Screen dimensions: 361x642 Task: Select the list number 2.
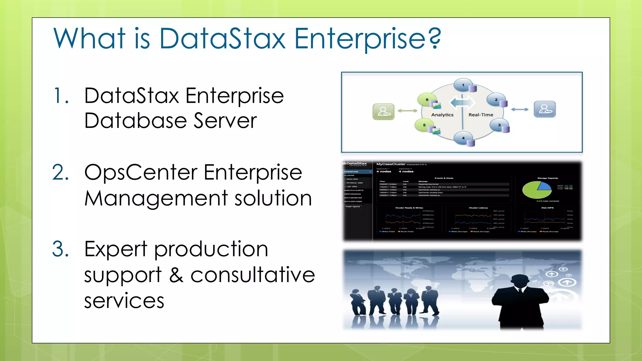pyautogui.click(x=61, y=172)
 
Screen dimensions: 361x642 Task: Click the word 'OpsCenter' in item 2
pyautogui.click(x=141, y=173)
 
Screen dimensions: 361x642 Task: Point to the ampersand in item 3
pyautogui.click(x=176, y=275)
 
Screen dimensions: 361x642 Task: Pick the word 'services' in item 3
pyautogui.click(x=124, y=301)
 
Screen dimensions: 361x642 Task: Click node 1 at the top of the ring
pyautogui.click(x=463, y=85)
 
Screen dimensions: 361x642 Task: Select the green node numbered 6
pyautogui.click(x=427, y=100)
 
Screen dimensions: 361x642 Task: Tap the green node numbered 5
pyautogui.click(x=424, y=125)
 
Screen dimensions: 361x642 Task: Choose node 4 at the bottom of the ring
pyautogui.click(x=463, y=138)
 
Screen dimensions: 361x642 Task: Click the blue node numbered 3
pyautogui.click(x=499, y=125)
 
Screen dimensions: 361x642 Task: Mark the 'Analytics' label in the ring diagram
pyautogui.click(x=442, y=115)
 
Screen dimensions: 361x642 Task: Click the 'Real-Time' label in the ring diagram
pyautogui.click(x=481, y=115)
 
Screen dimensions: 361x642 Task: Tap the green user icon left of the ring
pyautogui.click(x=383, y=112)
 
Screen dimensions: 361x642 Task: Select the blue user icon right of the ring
pyautogui.click(x=545, y=109)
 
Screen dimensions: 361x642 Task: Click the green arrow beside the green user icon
pyautogui.click(x=407, y=111)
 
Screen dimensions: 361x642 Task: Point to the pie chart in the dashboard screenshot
pyautogui.click(x=537, y=189)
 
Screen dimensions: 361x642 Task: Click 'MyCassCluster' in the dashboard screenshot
pyautogui.click(x=391, y=164)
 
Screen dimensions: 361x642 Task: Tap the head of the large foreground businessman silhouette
pyautogui.click(x=520, y=282)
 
